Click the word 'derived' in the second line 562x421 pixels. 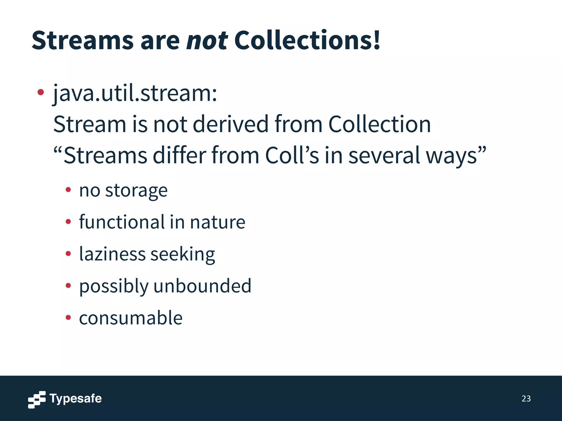tap(230, 124)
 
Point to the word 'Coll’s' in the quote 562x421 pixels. tap(292, 155)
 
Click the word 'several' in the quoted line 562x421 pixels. tap(384, 155)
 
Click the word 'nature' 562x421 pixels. tap(217, 222)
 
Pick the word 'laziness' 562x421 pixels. tap(112, 254)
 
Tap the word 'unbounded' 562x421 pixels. tap(202, 286)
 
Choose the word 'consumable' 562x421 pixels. tap(131, 318)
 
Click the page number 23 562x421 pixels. tap(526, 399)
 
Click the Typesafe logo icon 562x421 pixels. tap(37, 399)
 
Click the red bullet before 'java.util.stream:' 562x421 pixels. tap(41, 92)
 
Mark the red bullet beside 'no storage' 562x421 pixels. tap(68, 190)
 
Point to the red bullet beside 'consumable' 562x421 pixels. tap(68, 318)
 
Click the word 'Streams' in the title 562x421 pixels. tap(83, 41)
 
